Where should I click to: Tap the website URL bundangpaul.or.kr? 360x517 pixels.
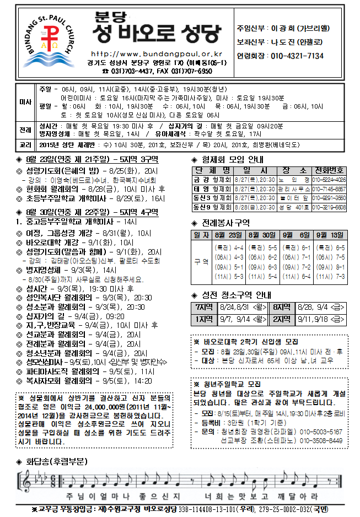pyautogui.click(x=155, y=54)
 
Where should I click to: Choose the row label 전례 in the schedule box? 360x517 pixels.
pyautogui.click(x=25, y=130)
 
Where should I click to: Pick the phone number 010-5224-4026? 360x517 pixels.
pyautogui.click(x=329, y=180)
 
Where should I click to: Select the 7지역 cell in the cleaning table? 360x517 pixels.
pyautogui.click(x=202, y=307)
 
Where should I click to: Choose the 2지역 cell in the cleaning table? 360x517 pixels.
pyautogui.click(x=283, y=319)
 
